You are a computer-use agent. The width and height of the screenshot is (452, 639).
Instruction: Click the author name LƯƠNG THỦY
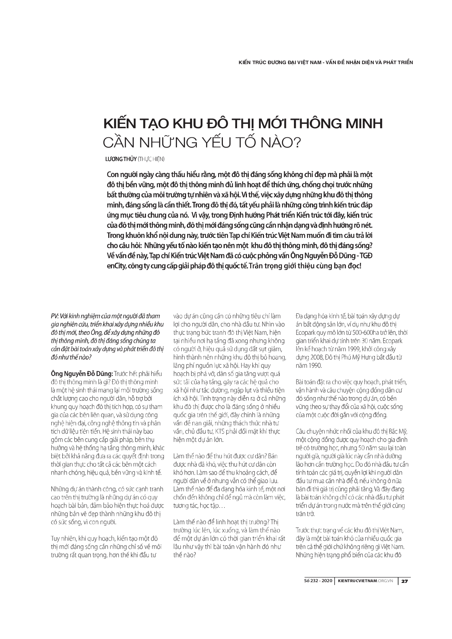pos(121,159)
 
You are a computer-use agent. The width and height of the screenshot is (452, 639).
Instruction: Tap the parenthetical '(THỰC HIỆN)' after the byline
pos(152,159)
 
